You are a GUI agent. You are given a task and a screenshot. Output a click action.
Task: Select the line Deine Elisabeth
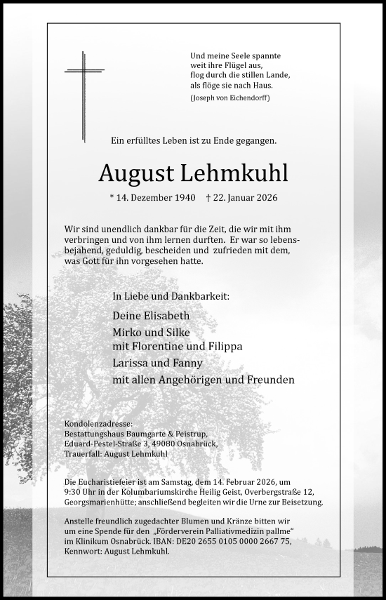(x=150, y=316)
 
